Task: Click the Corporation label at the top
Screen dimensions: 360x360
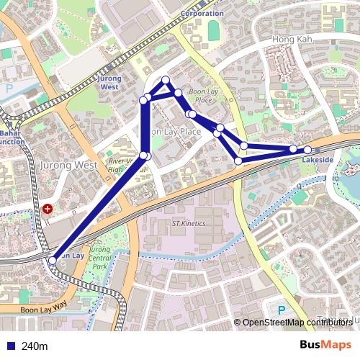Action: point(202,14)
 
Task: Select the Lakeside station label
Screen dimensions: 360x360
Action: point(318,158)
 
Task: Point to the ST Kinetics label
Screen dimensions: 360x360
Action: point(189,223)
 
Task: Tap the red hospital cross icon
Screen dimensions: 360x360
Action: point(48,209)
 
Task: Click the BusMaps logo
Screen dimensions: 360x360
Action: point(326,346)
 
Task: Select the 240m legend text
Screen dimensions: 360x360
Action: point(35,346)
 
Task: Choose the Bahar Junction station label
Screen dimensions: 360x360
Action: point(11,138)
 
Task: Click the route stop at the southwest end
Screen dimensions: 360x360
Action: point(52,260)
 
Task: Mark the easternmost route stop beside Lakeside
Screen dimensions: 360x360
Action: point(307,149)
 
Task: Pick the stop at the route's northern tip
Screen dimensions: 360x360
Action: point(166,80)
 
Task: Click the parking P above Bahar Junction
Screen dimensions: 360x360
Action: point(9,89)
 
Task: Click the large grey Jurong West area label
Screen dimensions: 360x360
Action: point(69,165)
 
